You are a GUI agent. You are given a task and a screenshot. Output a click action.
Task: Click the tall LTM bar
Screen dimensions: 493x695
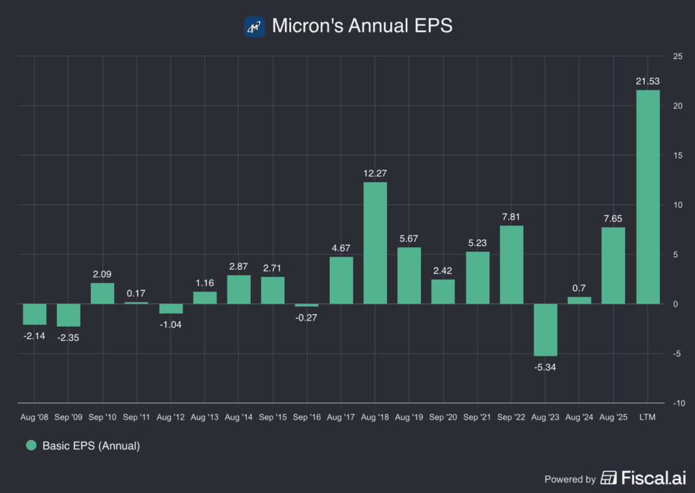pos(647,197)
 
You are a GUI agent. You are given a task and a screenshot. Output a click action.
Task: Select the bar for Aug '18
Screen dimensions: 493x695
pos(375,242)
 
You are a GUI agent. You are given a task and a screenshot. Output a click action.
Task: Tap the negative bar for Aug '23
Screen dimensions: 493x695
pos(545,330)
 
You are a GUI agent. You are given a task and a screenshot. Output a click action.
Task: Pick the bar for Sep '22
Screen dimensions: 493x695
pos(511,265)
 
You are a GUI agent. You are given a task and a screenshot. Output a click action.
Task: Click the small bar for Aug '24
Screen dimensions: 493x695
pos(579,300)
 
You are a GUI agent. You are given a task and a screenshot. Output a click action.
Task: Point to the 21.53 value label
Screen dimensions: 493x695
pos(647,81)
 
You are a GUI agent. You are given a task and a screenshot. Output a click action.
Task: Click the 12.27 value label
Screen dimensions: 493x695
pos(375,173)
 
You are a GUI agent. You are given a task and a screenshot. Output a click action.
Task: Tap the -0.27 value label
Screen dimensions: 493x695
pos(307,316)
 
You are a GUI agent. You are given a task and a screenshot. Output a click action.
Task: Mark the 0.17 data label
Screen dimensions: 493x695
pos(136,293)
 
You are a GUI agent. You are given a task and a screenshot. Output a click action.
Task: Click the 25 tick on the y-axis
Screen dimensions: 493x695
pos(677,56)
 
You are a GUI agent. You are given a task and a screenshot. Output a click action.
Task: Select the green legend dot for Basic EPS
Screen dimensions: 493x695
pos(31,446)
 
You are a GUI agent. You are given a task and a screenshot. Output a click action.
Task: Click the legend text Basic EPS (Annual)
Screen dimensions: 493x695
pos(91,446)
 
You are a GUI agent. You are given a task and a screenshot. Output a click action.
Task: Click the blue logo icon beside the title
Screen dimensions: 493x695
pos(254,26)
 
